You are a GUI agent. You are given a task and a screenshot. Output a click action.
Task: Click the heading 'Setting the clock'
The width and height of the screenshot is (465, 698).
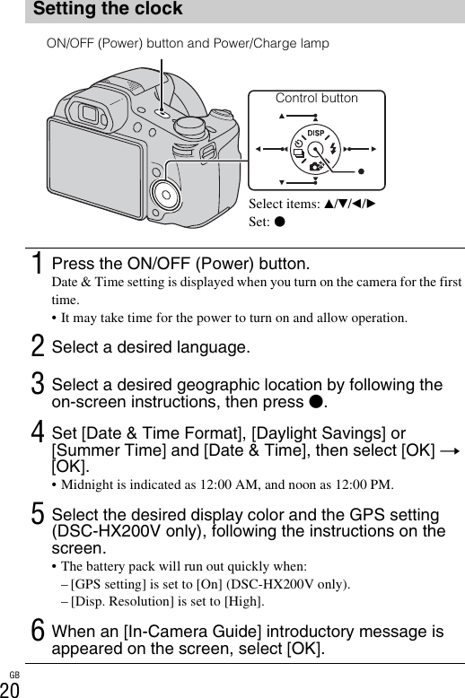(x=108, y=8)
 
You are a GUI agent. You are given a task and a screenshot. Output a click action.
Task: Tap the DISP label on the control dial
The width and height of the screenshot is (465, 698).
(x=316, y=133)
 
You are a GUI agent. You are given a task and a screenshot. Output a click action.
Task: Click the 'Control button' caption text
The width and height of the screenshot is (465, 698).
(x=317, y=98)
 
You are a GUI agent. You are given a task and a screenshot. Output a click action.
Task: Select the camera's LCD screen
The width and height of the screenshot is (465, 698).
(x=96, y=168)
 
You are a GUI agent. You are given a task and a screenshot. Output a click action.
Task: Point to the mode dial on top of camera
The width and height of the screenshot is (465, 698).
(x=189, y=127)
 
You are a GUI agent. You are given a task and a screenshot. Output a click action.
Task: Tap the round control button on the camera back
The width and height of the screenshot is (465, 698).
(x=166, y=195)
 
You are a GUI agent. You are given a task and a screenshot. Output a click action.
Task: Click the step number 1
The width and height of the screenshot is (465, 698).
(x=39, y=263)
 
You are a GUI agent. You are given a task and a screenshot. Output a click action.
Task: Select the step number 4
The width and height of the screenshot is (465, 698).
(x=38, y=432)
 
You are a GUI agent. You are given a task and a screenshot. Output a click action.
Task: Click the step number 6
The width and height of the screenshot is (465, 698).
(x=38, y=631)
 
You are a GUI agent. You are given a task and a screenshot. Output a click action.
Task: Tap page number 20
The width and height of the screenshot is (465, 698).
(x=10, y=690)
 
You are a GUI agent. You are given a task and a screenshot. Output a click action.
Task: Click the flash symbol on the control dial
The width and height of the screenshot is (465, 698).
(x=333, y=147)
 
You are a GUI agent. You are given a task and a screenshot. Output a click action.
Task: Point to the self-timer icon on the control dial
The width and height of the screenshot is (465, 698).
(x=298, y=143)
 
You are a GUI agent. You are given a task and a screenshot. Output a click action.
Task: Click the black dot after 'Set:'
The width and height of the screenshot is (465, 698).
(x=280, y=222)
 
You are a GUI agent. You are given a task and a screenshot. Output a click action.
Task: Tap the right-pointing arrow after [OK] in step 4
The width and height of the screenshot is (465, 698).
(x=450, y=451)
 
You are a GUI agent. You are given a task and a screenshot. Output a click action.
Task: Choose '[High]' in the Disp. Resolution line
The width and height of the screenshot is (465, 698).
(x=244, y=601)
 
